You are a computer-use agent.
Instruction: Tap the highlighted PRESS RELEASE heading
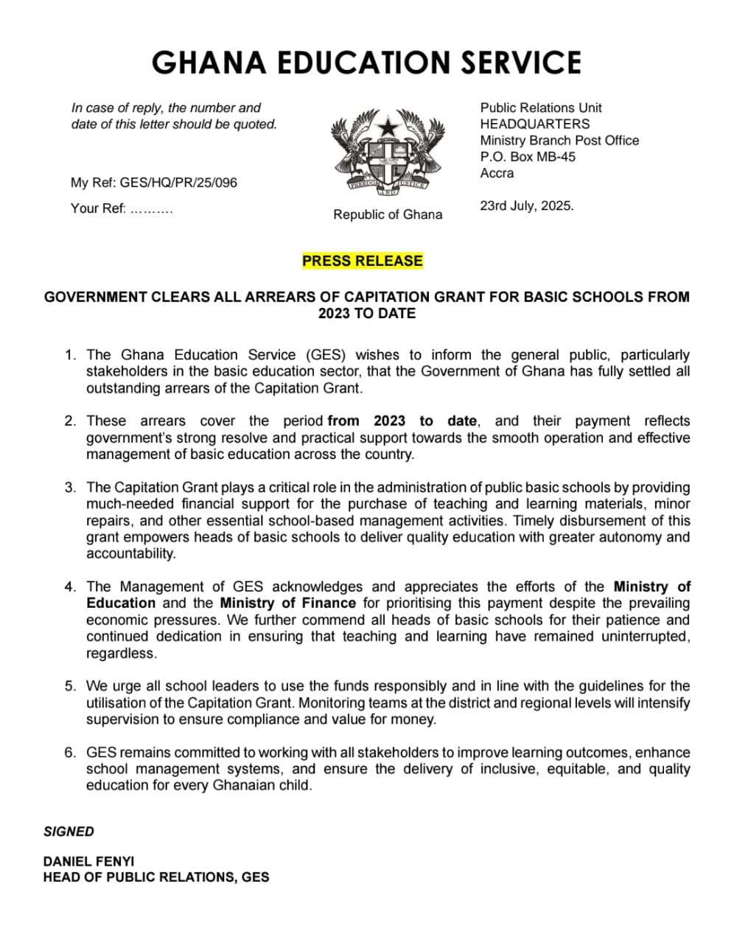coord(363,261)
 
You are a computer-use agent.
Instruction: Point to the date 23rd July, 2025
coord(526,206)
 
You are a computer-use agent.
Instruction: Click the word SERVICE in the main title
coord(521,63)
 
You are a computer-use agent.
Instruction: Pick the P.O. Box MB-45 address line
coord(528,157)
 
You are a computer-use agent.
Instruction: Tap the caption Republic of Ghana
coord(388,214)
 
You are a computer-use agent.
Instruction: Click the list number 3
coord(70,488)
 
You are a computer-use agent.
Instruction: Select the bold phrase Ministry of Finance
coord(288,603)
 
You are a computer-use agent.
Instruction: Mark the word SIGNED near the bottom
coord(69,832)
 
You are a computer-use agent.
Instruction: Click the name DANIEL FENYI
coord(88,861)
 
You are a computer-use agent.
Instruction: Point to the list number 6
coord(70,753)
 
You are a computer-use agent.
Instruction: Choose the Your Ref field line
coord(122,208)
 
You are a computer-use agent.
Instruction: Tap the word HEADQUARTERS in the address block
coord(534,124)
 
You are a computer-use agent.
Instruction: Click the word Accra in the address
coord(497,173)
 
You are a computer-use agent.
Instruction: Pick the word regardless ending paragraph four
coord(122,653)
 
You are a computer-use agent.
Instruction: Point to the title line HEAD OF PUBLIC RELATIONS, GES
coord(156,877)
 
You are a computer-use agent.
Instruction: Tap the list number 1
coord(70,355)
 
